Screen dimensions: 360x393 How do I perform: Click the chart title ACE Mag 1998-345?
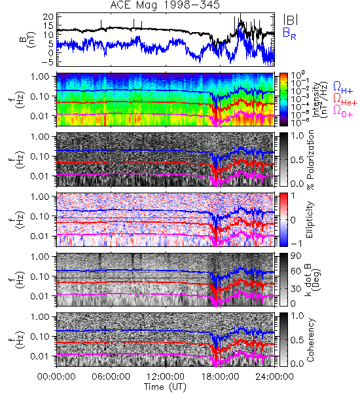165,5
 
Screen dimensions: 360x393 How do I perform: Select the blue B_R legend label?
289,34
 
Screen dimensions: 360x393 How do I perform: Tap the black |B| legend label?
291,20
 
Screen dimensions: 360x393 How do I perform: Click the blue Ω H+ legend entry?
343,88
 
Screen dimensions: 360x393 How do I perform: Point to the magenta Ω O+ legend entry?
343,111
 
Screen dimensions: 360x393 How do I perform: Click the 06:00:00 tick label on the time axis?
111,377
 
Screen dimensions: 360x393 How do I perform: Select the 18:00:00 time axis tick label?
220,377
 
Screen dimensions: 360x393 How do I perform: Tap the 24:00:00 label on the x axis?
274,377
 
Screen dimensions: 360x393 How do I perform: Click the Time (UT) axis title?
166,386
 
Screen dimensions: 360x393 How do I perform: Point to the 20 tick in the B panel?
48,17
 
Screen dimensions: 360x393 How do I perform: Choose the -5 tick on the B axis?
47,62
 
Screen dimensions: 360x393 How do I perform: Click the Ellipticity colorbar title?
310,219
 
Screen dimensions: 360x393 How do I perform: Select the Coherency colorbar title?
310,340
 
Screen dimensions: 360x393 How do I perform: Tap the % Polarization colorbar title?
310,160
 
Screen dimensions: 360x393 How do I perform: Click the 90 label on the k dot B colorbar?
296,256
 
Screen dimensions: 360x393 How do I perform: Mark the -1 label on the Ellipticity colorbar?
296,243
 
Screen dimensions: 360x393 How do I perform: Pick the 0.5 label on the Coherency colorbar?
297,340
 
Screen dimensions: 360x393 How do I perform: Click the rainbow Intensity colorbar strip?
283,100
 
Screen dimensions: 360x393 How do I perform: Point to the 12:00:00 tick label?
166,377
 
